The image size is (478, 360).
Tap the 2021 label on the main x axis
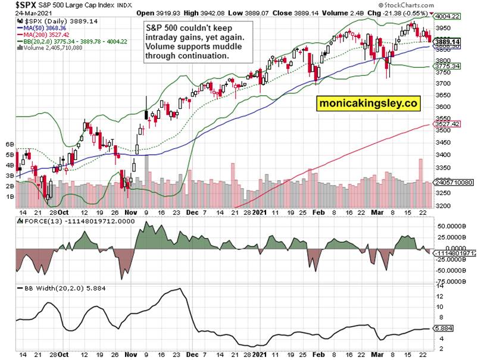point(260,212)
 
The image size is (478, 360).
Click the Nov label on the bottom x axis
point(130,354)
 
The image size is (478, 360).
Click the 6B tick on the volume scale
point(10,145)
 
